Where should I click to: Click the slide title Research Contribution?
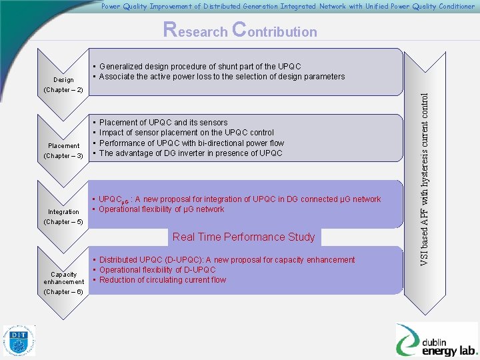240,31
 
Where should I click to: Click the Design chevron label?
64,80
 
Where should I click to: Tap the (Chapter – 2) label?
63,90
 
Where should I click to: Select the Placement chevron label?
64,145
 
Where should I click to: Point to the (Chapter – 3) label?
63,156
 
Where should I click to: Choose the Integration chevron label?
64,212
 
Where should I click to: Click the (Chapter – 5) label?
63,222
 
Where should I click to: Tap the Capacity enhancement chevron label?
64,278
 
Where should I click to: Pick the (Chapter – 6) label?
63,292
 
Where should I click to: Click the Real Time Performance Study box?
243,237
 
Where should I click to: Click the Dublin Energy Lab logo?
437,340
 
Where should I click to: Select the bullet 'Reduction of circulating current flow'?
162,280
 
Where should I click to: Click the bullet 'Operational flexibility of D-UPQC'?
157,270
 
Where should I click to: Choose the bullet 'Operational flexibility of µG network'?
161,209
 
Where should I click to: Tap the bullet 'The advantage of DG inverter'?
191,153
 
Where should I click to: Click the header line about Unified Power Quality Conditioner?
288,7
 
